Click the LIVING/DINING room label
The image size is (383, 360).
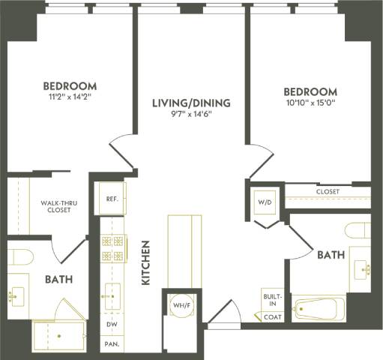click(x=190, y=103)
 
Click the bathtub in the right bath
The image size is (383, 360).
click(x=319, y=308)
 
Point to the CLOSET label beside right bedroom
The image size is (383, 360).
click(x=327, y=192)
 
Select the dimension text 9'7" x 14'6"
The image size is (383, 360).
click(x=190, y=115)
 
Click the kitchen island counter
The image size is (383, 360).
click(x=184, y=251)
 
